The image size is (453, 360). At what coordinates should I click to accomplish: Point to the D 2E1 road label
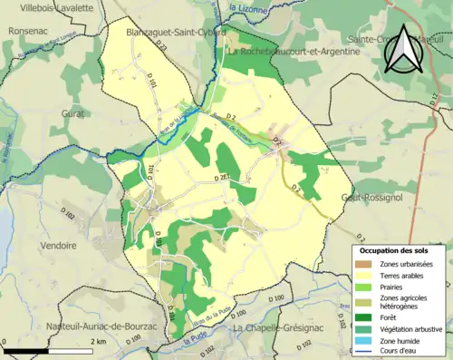pos(226,180)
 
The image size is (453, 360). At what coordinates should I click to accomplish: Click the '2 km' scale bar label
pos(99,341)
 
